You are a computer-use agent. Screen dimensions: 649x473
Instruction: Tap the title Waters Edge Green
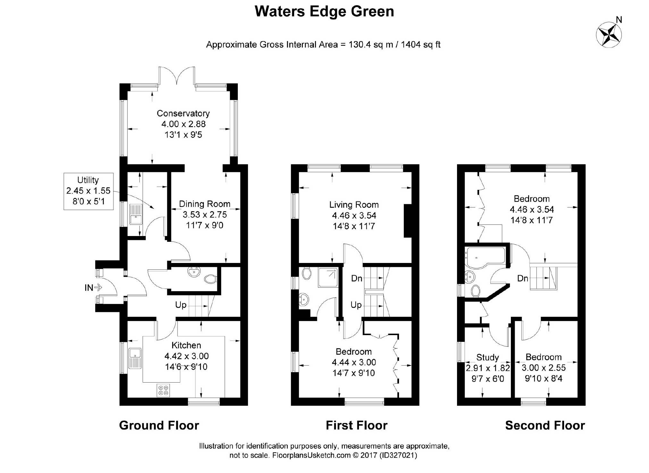pos(324,12)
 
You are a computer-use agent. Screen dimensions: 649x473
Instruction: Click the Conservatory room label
pos(183,113)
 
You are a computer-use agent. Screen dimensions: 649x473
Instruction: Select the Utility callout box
pos(88,191)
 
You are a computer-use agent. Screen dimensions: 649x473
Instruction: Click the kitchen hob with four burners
pos(163,390)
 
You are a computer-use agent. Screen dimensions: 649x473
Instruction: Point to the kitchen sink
pos(135,358)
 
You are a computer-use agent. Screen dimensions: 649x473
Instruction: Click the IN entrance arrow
pos(93,288)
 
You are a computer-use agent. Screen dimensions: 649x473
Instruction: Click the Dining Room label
pos(204,204)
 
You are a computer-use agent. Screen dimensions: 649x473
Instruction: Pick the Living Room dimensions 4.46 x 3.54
pos(354,215)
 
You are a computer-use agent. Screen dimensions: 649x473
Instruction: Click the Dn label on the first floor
pos(357,278)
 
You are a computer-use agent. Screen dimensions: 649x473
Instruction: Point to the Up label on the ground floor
pos(181,305)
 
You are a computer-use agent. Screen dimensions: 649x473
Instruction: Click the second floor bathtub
pos(485,258)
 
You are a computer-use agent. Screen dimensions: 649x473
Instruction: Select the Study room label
pos(487,357)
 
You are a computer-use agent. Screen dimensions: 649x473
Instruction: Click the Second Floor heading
pos(545,426)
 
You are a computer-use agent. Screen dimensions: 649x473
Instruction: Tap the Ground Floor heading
pos(159,426)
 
